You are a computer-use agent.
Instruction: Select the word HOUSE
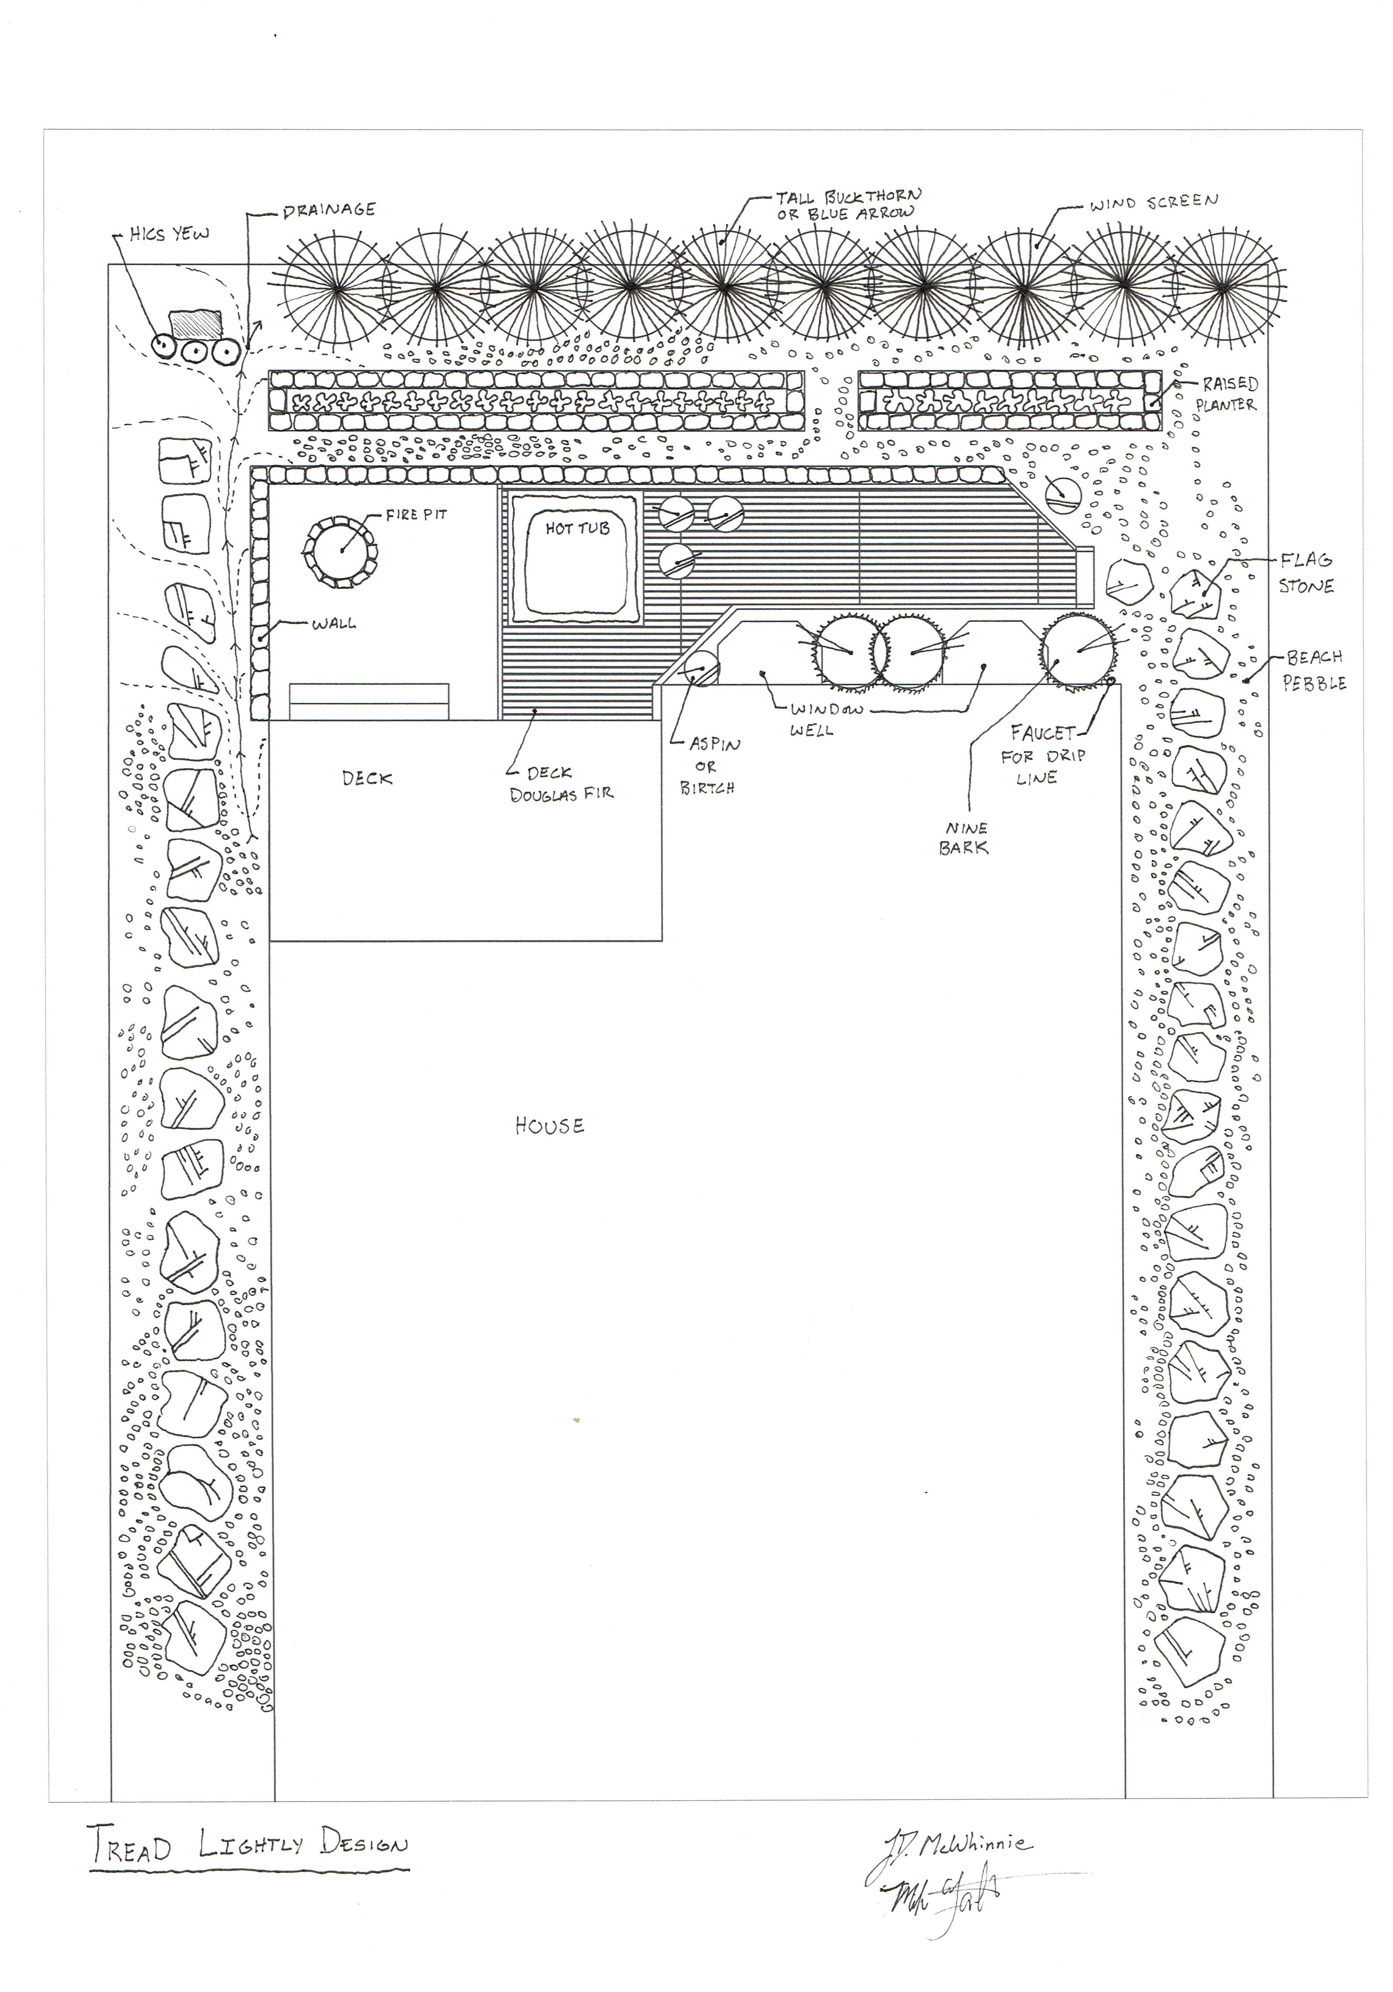click(x=549, y=1126)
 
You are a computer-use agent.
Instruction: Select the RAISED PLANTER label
click(x=1228, y=394)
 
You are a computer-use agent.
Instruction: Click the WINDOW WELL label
click(x=826, y=719)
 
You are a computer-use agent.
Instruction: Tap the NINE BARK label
click(x=963, y=838)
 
